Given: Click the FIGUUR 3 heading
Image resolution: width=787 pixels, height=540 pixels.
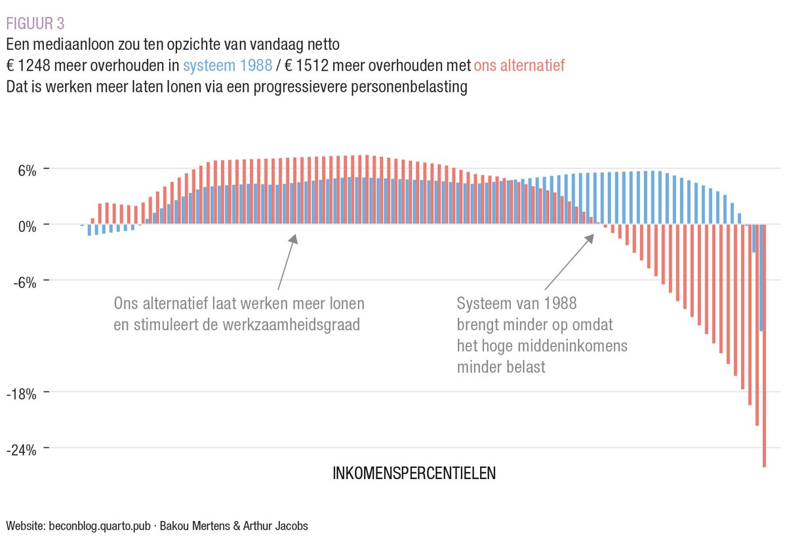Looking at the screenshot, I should point(35,24).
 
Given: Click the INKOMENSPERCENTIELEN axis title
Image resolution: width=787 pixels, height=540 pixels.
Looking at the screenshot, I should point(414,473).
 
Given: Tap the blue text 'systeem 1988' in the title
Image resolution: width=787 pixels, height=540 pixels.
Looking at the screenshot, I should point(228,66).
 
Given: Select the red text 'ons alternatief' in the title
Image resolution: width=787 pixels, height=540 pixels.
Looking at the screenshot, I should point(519,66).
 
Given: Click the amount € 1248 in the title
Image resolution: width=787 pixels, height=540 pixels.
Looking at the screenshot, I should point(27,66).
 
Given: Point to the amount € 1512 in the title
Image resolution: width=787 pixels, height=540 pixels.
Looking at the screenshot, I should point(306,66).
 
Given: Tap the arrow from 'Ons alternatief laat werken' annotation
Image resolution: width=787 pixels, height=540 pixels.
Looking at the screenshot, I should point(287,262).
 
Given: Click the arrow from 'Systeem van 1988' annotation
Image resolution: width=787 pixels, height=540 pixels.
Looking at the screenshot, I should point(569,261).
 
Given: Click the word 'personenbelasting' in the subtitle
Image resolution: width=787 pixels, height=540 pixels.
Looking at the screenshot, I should point(411,87).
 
